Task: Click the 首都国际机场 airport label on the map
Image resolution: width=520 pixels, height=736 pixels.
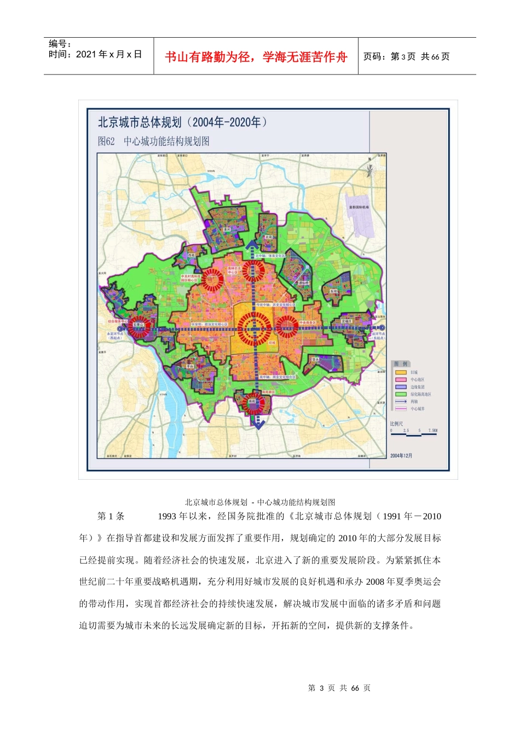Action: (x=359, y=207)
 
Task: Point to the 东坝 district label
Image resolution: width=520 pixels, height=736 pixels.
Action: (x=334, y=291)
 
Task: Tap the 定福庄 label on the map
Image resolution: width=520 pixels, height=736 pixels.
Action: (x=346, y=321)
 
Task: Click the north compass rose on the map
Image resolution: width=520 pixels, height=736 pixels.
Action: (x=369, y=169)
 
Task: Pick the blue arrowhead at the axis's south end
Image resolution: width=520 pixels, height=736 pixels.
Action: (x=257, y=423)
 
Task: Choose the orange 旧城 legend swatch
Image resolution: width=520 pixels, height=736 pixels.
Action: (x=401, y=372)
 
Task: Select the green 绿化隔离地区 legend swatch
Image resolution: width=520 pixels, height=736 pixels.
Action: (x=401, y=394)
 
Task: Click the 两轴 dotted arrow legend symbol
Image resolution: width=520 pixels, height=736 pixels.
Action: (x=401, y=401)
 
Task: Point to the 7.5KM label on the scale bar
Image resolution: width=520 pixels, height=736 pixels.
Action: (x=432, y=430)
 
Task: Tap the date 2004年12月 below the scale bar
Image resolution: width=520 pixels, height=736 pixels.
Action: (x=401, y=456)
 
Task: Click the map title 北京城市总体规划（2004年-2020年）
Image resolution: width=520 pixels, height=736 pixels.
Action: (x=183, y=122)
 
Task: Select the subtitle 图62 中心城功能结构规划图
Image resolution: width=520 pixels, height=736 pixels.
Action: (x=153, y=141)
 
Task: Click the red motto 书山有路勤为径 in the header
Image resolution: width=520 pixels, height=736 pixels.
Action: (x=256, y=57)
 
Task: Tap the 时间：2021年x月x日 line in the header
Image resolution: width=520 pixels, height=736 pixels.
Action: (x=95, y=54)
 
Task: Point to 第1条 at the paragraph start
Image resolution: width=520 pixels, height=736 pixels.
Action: (x=111, y=516)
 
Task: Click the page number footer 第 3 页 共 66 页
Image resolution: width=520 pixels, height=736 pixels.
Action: (x=339, y=688)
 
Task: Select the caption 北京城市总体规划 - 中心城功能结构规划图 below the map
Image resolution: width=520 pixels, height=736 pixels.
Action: (x=260, y=502)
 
